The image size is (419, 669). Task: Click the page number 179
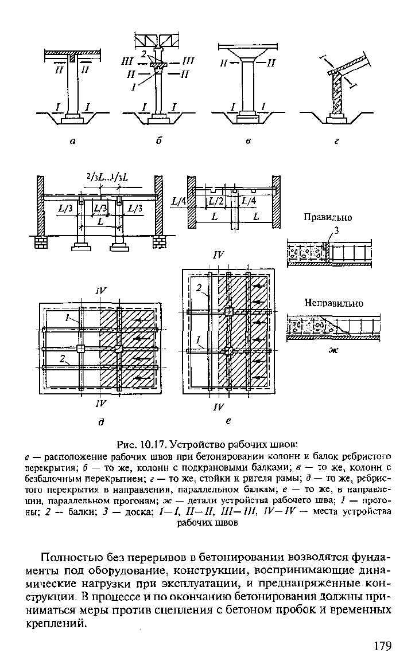coord(382,647)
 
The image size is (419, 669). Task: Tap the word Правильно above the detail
coord(328,217)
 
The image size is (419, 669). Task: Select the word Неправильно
coord(333,303)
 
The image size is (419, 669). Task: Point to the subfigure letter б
coord(158,141)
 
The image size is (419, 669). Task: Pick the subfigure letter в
coord(247,142)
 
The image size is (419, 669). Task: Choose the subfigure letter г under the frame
coord(336,142)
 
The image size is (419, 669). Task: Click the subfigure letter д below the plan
coord(101,421)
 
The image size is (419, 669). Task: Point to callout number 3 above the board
coord(336,231)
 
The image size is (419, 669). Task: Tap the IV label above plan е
coord(218,255)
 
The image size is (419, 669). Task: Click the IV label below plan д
coord(101,403)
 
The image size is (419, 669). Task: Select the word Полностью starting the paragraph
coord(73,558)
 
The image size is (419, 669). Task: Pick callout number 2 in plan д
coord(63,359)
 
